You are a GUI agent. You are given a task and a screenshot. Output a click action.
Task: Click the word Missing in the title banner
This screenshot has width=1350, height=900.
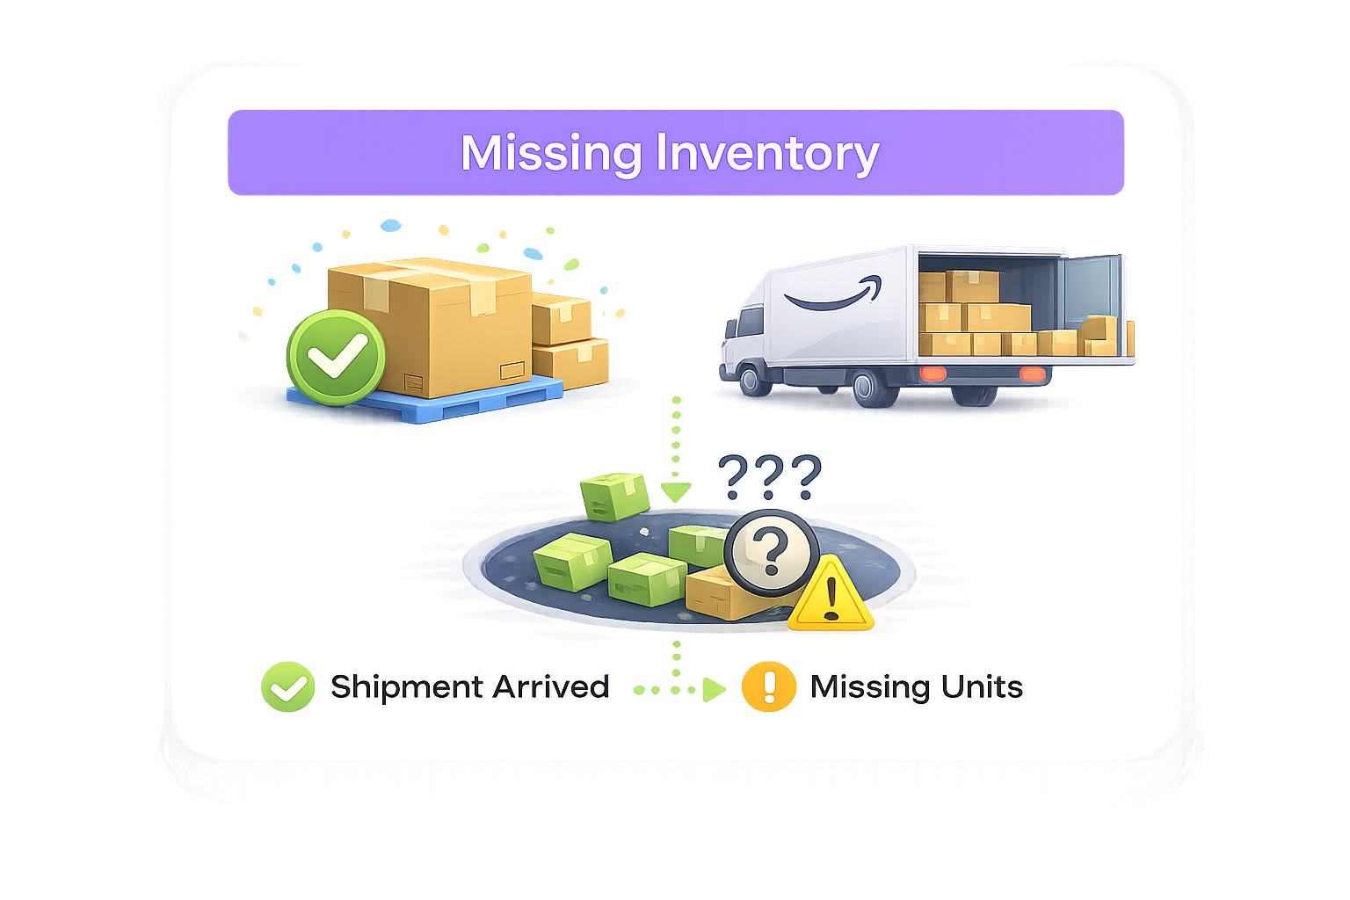pos(551,154)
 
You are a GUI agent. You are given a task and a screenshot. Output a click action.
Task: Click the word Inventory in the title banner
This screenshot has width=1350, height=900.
pos(766,154)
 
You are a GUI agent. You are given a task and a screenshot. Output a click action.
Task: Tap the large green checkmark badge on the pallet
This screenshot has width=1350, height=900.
pos(336,356)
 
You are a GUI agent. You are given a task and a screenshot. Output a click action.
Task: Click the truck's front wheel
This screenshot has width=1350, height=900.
pos(751,380)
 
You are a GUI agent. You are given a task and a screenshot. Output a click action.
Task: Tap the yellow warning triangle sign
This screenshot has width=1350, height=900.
pos(830,598)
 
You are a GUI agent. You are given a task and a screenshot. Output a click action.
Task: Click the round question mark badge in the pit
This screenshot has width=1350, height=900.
pos(772,553)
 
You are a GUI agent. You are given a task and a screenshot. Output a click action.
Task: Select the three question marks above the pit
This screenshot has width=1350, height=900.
pos(769,477)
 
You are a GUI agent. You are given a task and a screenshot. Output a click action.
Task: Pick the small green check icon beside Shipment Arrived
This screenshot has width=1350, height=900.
pos(287,686)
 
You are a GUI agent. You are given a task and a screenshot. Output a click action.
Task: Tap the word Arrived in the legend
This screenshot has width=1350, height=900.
pos(551,686)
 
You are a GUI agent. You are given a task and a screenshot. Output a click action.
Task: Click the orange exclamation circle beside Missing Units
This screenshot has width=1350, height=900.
pos(768,686)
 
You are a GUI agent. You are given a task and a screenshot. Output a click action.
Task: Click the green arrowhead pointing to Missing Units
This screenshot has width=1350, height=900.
pos(713,689)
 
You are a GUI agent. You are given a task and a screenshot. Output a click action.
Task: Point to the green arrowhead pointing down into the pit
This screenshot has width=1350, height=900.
pos(675,490)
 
